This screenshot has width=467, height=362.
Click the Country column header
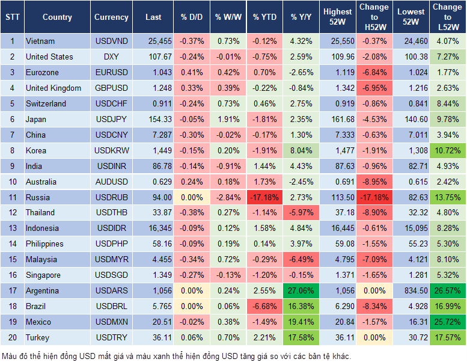pyautogui.click(x=57, y=17)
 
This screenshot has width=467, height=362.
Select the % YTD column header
pyautogui.click(x=264, y=17)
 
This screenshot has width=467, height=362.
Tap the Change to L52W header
pyautogui.click(x=447, y=17)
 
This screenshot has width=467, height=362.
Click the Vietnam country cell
pyautogui.click(x=40, y=41)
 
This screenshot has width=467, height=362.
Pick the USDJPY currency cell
pyautogui.click(x=111, y=119)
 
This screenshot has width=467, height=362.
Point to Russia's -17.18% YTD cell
pyautogui.click(x=264, y=197)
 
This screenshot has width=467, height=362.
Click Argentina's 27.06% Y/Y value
pyautogui.click(x=301, y=290)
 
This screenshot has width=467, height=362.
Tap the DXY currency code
pyautogui.click(x=111, y=57)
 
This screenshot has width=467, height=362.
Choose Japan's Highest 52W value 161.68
pyautogui.click(x=338, y=119)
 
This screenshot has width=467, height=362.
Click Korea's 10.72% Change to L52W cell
pyautogui.click(x=447, y=150)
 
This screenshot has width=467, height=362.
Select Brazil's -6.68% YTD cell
pyautogui.click(x=264, y=306)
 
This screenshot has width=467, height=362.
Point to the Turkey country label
pyautogui.click(x=38, y=337)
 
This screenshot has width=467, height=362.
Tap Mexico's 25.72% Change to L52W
pyautogui.click(x=447, y=322)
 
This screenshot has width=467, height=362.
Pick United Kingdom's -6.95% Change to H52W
pyautogui.click(x=374, y=88)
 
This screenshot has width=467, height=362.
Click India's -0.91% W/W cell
pyautogui.click(x=228, y=166)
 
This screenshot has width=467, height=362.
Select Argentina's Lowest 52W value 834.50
pyautogui.click(x=411, y=290)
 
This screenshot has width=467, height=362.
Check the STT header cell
pyautogui.click(x=12, y=17)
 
